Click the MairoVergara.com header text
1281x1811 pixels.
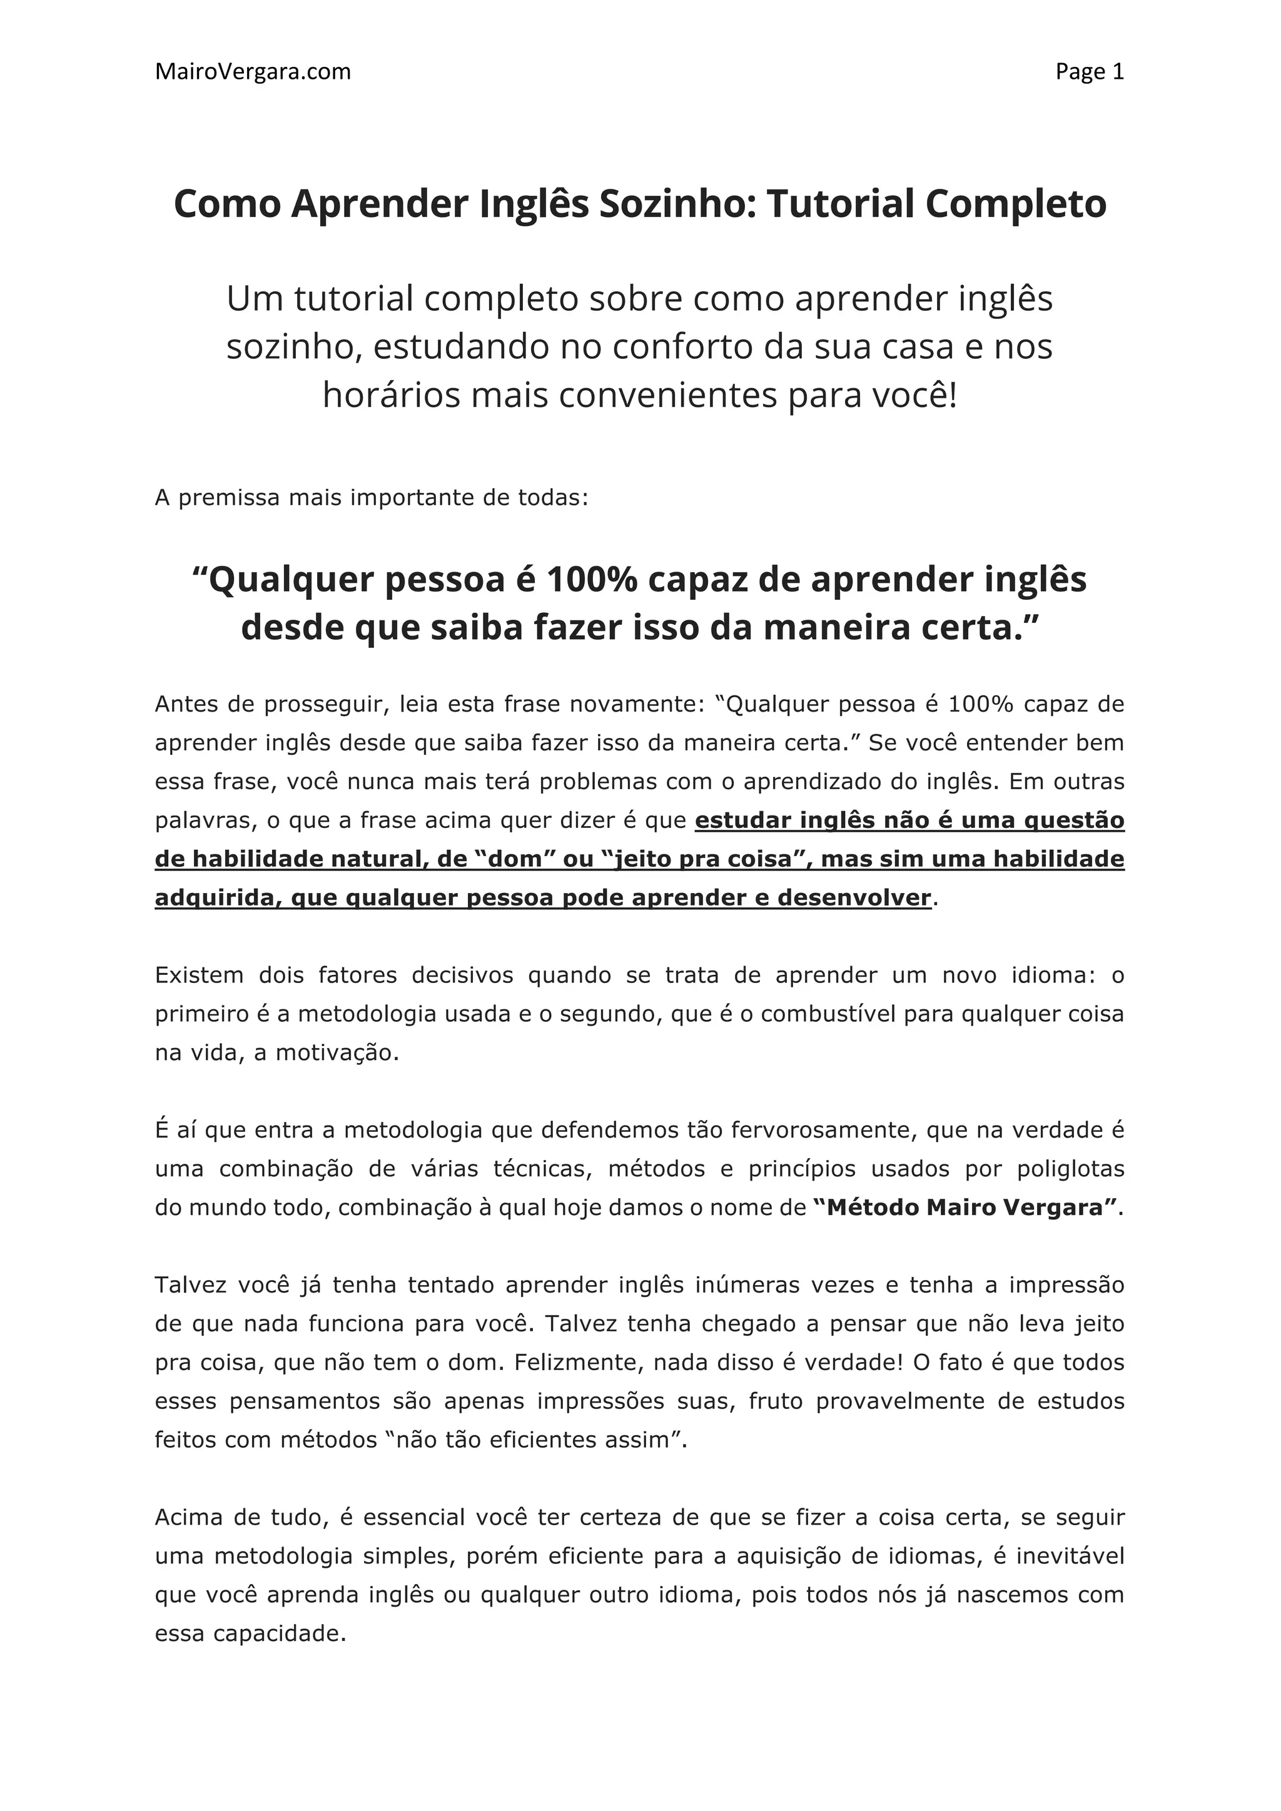click(253, 72)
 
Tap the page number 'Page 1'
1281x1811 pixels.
click(1090, 72)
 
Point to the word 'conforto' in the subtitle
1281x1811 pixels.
click(674, 347)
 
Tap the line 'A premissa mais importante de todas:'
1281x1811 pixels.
click(372, 498)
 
